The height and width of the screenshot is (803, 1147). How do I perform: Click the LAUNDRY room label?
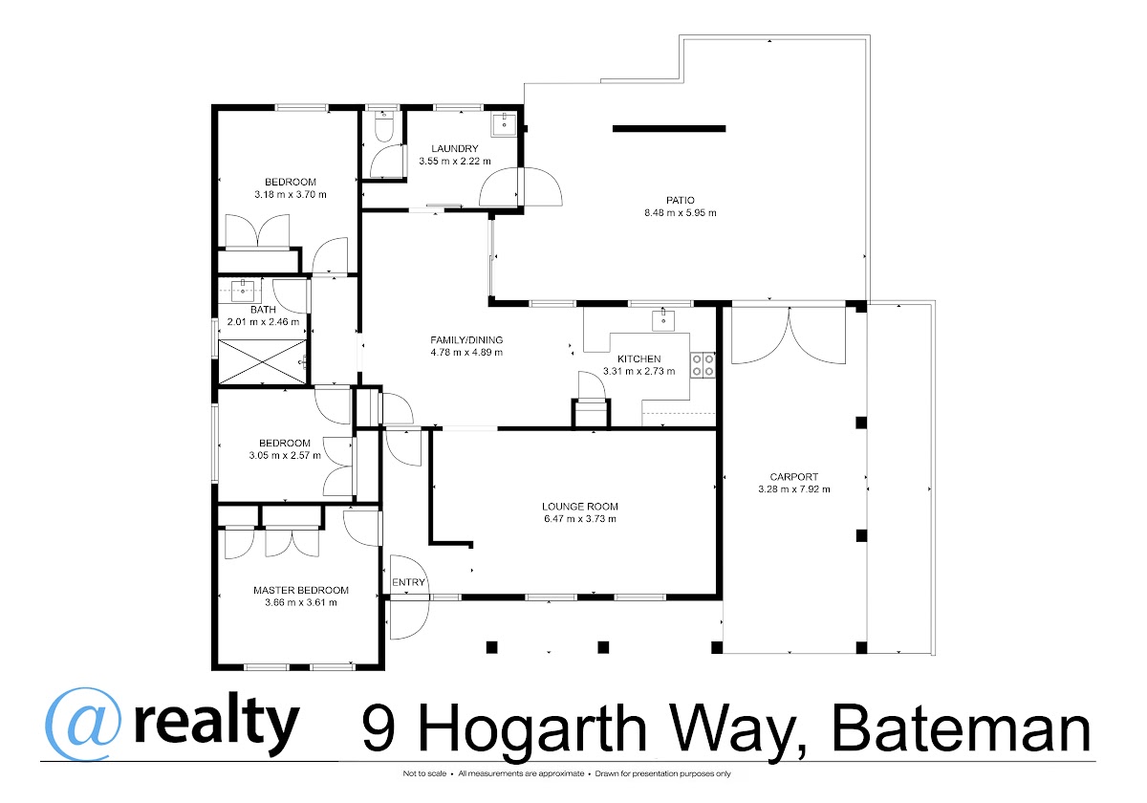coord(455,148)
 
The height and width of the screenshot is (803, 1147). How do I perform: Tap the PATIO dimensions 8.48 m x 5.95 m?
coord(680,212)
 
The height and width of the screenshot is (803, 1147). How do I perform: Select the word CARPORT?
coord(794,477)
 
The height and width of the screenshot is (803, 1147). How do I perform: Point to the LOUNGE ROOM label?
coord(580,507)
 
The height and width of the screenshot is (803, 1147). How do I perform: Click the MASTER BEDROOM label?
coord(301,590)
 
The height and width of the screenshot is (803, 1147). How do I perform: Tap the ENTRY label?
coord(409,582)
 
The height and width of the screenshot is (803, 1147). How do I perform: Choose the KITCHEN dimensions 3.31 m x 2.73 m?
coord(639,371)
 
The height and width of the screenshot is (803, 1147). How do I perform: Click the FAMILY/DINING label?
coord(466,339)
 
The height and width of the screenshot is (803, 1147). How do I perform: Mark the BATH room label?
coord(263,310)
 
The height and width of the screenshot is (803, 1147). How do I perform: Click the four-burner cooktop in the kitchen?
coord(703,365)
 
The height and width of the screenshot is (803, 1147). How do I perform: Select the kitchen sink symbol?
coord(663,320)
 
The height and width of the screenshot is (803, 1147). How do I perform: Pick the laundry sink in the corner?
coord(504,124)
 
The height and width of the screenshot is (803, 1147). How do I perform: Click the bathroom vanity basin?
coord(242,291)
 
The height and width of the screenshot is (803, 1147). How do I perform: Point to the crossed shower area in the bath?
coord(262,361)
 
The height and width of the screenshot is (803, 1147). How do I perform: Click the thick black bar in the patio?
coord(669,128)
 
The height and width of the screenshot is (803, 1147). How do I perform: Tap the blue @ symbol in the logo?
coord(83,725)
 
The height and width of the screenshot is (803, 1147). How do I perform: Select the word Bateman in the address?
coord(962,727)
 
